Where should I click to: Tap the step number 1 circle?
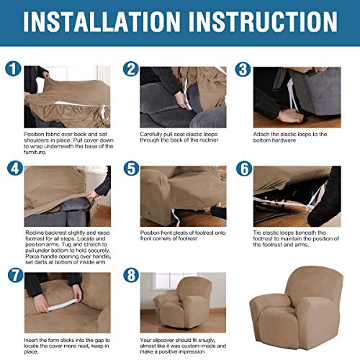tap(13, 70)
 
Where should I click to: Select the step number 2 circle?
tap(130, 70)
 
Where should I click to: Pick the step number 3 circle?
tap(243, 70)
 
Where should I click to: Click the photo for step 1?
tap(68, 96)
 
